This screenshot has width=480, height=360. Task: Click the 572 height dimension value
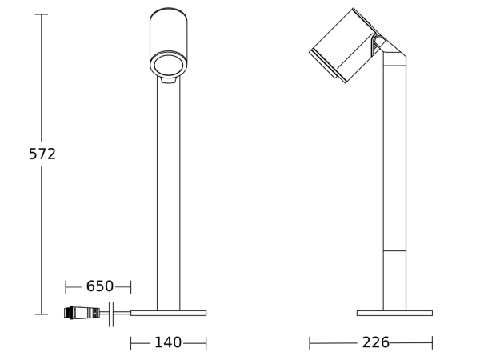(42, 154)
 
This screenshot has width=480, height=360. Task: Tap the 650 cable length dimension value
(100, 286)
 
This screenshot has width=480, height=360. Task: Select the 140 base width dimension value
(168, 342)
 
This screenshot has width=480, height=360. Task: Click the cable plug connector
(82, 313)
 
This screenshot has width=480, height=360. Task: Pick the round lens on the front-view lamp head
(168, 65)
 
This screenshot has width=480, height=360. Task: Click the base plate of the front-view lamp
(168, 313)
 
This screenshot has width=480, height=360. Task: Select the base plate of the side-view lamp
(394, 313)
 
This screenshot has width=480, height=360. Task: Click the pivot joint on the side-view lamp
(379, 42)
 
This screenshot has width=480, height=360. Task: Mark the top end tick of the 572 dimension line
(42, 14)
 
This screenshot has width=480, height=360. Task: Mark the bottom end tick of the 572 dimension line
(42, 314)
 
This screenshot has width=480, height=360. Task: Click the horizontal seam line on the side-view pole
(394, 250)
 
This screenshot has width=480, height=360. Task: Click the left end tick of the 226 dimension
(310, 342)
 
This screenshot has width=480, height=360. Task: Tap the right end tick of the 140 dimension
(206, 342)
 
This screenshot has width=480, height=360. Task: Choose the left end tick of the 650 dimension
(66, 286)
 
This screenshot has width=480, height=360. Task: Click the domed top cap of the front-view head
(168, 14)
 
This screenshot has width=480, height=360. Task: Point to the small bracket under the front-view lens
(168, 80)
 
